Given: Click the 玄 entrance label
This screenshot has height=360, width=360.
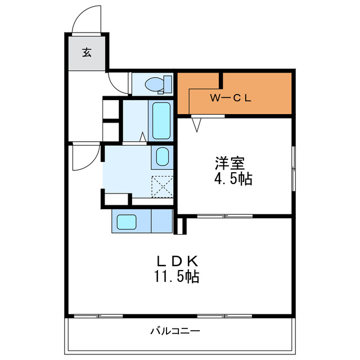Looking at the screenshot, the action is point(87,52).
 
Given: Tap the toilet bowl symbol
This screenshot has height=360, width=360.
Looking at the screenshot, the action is point(155,84).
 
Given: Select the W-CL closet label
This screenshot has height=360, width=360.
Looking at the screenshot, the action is point(231,98).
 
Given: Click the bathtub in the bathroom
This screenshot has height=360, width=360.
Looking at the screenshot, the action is point(161,121).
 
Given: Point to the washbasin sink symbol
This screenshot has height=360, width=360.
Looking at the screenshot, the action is point(162,156).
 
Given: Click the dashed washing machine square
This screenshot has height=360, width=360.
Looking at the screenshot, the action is point(162,187).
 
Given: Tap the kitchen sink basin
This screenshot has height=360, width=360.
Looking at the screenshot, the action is point(127,222).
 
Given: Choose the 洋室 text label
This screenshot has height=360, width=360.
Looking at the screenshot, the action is point(229,163).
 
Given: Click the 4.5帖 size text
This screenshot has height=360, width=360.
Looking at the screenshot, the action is point(233,179).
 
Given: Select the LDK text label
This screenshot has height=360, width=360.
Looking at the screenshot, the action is point(177,261).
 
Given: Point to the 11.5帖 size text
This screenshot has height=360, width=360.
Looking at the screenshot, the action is point(176,276).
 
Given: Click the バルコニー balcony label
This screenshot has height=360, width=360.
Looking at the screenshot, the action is point(175,331).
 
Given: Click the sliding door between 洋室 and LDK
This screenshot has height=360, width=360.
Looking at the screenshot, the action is point(225,216).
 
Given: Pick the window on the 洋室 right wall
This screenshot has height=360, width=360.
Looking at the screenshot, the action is point(294,169).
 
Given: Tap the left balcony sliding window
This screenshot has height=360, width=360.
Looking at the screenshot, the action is point(98,316).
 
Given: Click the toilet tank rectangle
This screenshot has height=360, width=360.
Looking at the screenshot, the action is point(168,84).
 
